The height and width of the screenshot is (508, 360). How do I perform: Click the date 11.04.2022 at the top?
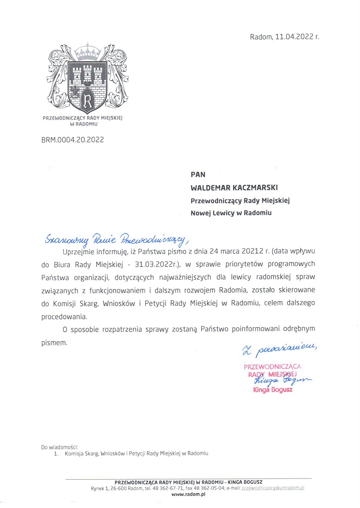click(294, 37)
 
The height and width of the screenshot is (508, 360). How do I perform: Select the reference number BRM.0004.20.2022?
click(72, 140)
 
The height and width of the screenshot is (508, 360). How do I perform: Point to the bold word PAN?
click(198, 175)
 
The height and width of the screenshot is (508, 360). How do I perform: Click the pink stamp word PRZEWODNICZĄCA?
click(272, 366)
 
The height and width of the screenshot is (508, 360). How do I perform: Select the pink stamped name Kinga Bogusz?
click(273, 390)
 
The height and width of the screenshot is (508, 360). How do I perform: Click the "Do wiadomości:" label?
click(59, 447)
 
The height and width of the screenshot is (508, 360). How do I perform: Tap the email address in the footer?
click(273, 488)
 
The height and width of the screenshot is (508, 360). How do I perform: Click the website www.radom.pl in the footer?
click(189, 494)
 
